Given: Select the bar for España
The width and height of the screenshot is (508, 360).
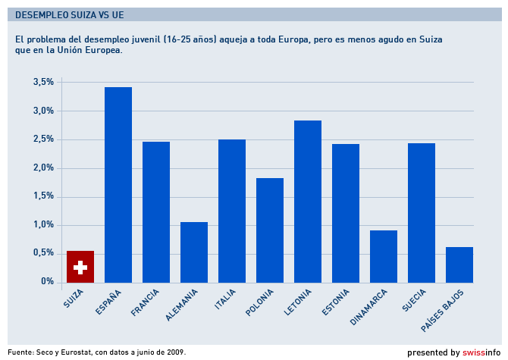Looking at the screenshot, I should tap(118, 185).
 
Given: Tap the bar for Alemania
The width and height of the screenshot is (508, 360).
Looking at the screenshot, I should tap(194, 252).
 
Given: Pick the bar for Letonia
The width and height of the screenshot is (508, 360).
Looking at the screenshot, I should tap(308, 201).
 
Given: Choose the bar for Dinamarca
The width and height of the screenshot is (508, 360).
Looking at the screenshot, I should tap(384, 256).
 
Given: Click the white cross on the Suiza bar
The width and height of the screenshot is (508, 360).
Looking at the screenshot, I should tap(80, 268).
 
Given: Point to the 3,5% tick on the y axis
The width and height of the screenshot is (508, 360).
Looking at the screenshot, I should tap(43, 82).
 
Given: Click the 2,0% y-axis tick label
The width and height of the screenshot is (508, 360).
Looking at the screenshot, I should tap(43, 167).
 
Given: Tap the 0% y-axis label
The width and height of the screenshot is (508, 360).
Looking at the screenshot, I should tap(48, 282).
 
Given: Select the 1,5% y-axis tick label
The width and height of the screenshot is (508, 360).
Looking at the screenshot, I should tap(43, 196).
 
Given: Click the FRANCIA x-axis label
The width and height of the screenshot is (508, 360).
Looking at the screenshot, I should tap(146, 302).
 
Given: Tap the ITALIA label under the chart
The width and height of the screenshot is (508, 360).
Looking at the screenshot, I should tap(225, 299).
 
